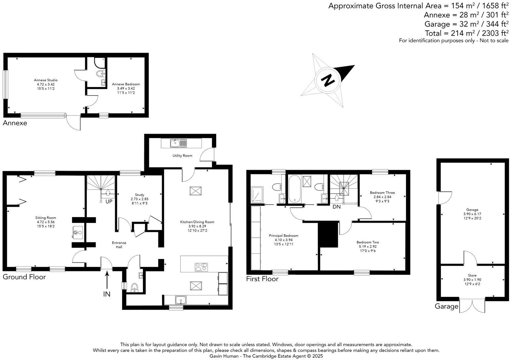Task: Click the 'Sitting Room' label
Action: point(46,218)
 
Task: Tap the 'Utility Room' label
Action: point(182,156)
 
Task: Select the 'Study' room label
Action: point(139,195)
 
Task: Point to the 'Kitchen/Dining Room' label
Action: point(197,222)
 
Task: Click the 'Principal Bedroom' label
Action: point(283,236)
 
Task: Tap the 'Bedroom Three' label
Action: point(382,193)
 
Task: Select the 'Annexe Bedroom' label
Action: point(126,84)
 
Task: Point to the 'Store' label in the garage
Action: point(472,275)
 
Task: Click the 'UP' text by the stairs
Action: point(109,202)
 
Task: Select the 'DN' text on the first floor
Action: point(336,207)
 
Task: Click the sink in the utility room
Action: point(175,144)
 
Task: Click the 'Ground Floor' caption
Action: point(24,277)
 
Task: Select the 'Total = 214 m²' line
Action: point(466,33)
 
